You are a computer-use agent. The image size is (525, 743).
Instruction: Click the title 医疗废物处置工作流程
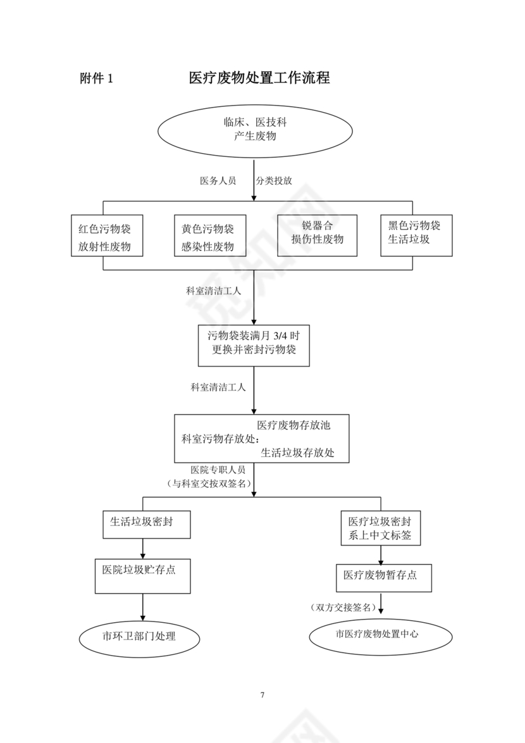tap(259, 78)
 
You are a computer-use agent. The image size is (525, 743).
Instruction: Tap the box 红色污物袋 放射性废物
tap(106, 237)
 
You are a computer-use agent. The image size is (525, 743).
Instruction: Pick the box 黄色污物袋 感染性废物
tap(209, 237)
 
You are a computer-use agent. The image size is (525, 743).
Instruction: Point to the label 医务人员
tap(218, 181)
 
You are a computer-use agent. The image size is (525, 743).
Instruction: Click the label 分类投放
tap(274, 181)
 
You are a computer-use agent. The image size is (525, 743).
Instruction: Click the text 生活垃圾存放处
tap(297, 453)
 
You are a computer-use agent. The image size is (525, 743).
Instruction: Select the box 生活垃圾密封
tap(146, 523)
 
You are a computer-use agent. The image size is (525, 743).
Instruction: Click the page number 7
tap(262, 695)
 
